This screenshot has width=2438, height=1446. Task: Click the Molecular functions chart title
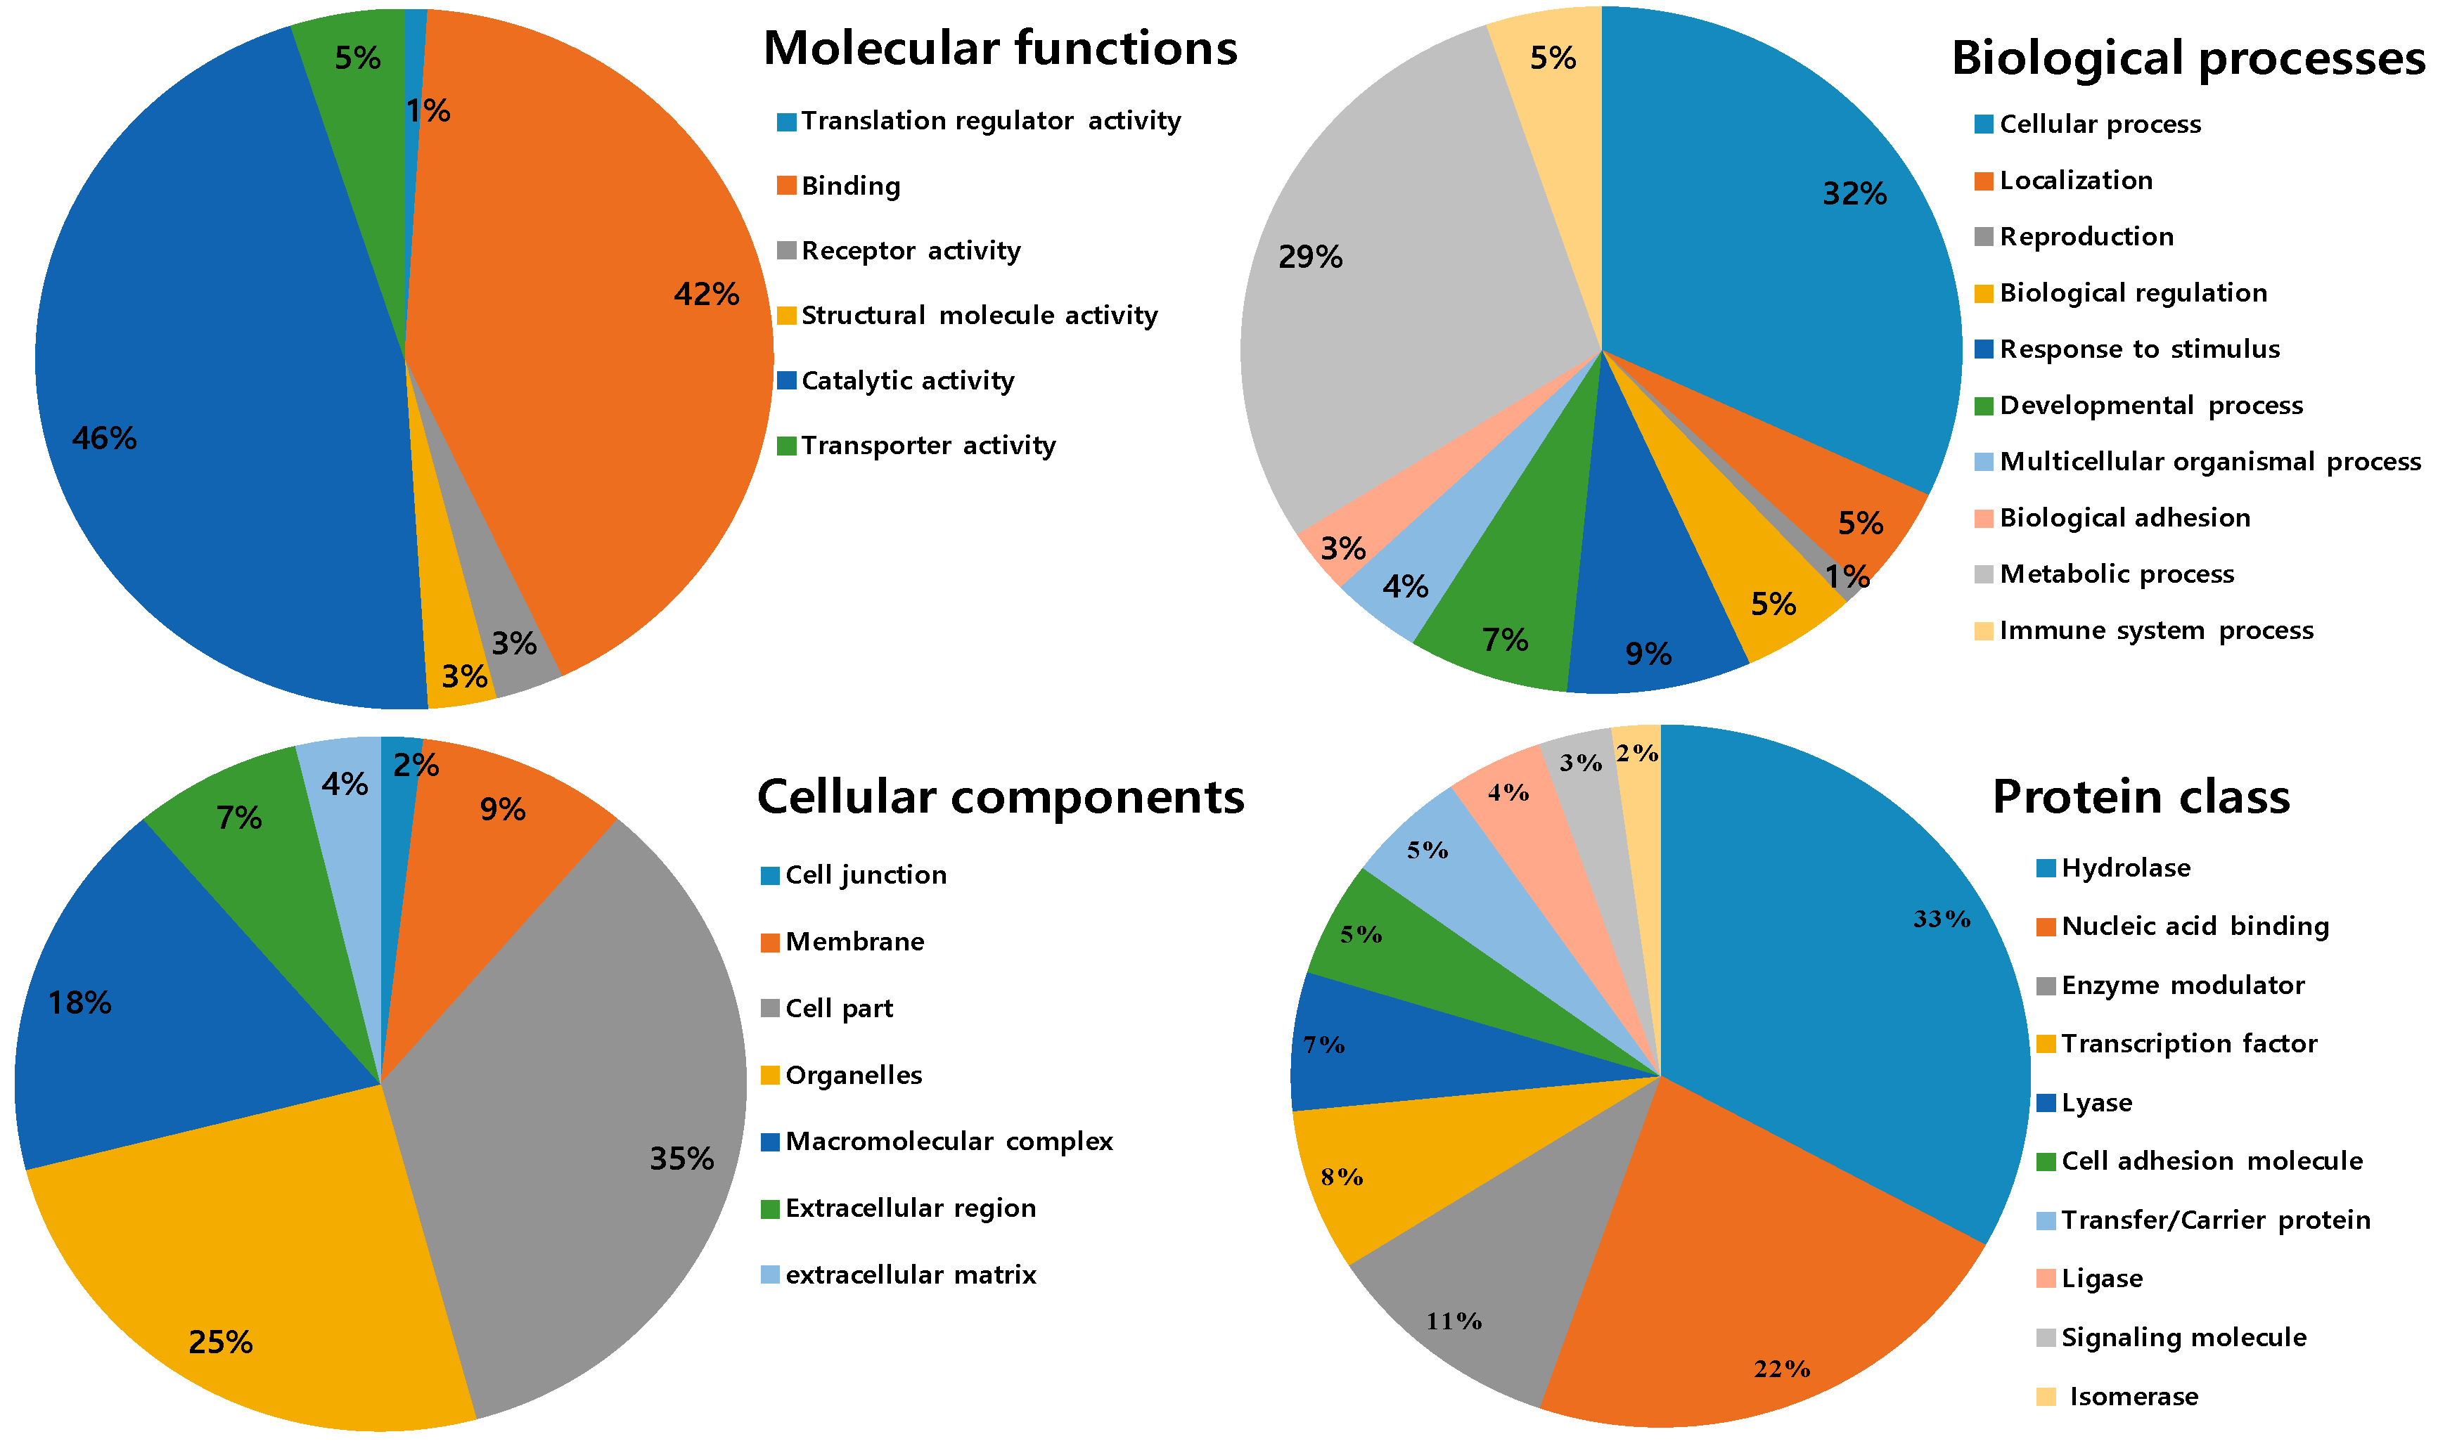click(x=1000, y=48)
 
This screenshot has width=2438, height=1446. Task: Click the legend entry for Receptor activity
click(x=910, y=250)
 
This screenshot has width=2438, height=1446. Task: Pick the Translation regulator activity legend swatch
click(x=786, y=122)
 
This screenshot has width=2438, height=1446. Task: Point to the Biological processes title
click(x=2188, y=58)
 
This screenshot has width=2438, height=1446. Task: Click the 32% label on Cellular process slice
click(x=1854, y=194)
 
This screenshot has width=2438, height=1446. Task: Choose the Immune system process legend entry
click(x=2155, y=631)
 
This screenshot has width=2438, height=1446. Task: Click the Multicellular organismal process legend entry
click(x=2209, y=462)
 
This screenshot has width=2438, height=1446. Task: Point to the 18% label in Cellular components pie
click(x=80, y=1002)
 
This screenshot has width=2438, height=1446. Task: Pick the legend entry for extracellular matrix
click(x=910, y=1274)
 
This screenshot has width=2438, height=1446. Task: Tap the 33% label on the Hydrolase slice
click(x=1941, y=919)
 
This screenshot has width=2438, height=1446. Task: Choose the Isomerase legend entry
click(x=2133, y=1396)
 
